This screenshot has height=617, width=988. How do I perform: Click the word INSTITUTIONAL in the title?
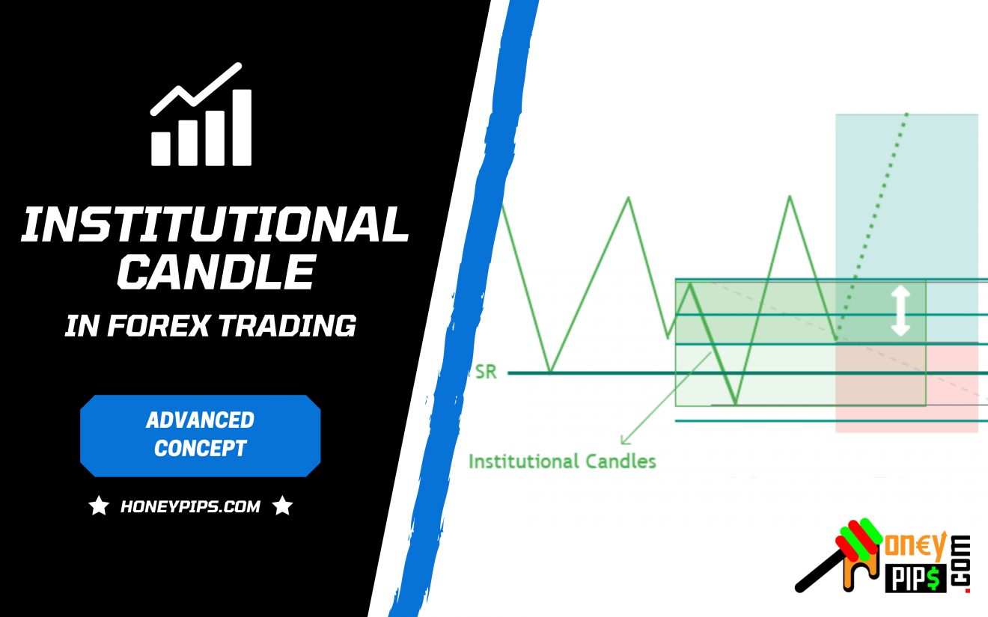(216, 224)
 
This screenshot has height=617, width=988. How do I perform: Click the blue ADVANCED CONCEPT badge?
(200, 435)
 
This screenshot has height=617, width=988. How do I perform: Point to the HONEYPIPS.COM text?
(190, 507)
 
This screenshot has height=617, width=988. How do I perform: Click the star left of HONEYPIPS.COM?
(99, 506)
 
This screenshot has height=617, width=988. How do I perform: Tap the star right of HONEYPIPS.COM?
(282, 506)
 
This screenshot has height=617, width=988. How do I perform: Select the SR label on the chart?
(486, 372)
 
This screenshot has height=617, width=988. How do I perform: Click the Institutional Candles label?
(562, 461)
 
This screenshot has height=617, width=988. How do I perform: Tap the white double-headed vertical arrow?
(900, 310)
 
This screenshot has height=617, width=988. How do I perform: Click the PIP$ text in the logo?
(915, 577)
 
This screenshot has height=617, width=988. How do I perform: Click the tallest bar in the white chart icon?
(242, 127)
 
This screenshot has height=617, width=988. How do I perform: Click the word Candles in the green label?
(620, 461)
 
